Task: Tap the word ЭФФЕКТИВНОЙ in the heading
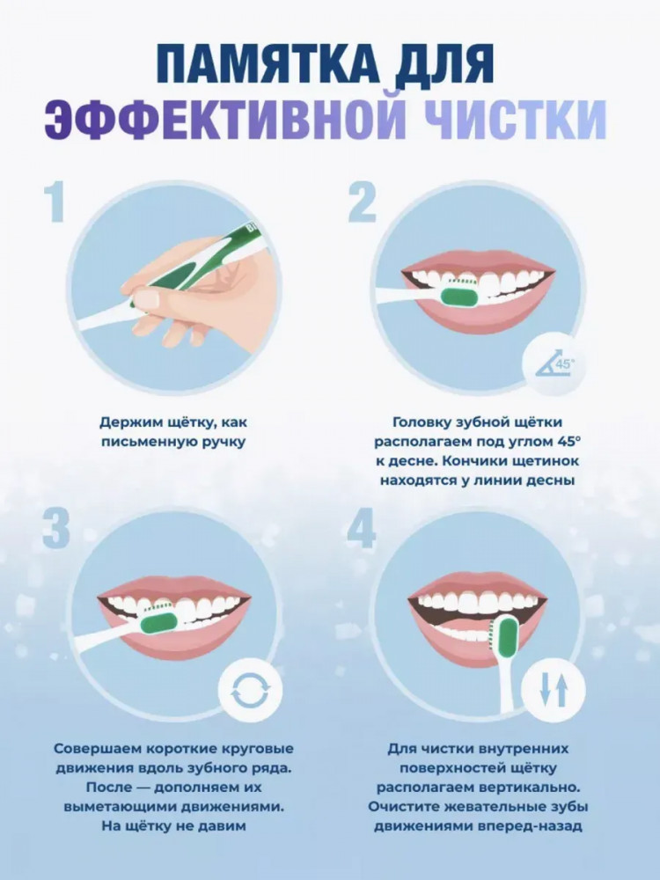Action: click(x=224, y=120)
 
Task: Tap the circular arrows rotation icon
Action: click(x=250, y=690)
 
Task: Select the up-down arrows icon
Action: click(x=554, y=690)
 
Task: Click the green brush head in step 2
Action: click(x=459, y=294)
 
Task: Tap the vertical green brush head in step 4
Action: click(x=506, y=638)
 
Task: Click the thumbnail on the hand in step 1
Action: click(x=146, y=299)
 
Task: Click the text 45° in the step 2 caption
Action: click(x=568, y=441)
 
